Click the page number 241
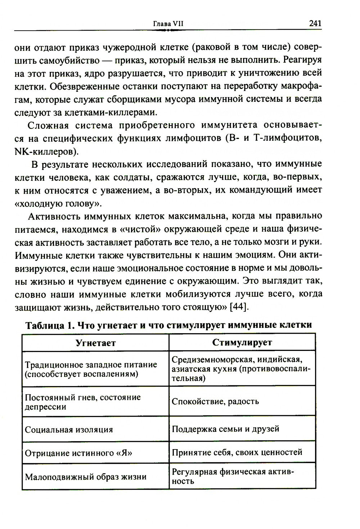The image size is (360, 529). [315, 24]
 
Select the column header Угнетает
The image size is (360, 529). [96, 343]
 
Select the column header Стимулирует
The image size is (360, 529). [242, 342]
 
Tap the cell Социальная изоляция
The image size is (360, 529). [68, 430]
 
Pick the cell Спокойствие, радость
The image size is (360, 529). [215, 402]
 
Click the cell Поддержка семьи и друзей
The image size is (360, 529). [225, 429]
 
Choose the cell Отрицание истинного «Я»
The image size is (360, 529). [78, 453]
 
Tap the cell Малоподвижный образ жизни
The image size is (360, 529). [86, 477]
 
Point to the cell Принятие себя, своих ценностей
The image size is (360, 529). [237, 452]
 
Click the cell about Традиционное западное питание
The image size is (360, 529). [91, 369]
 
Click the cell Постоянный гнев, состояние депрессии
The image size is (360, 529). [82, 402]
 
